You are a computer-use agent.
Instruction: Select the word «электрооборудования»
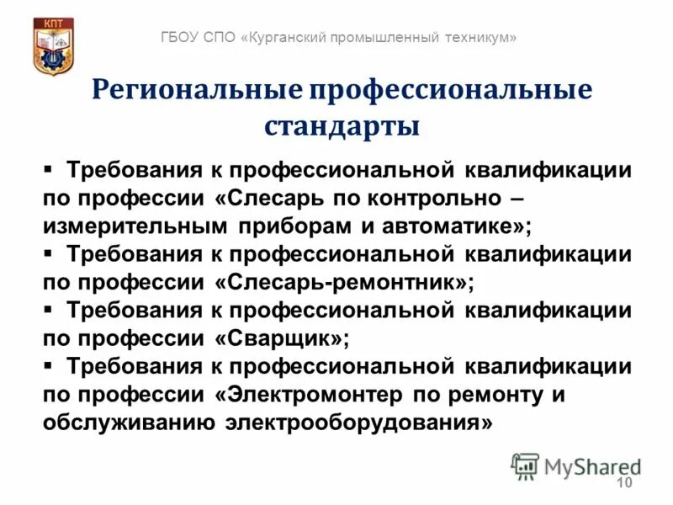tap(358, 422)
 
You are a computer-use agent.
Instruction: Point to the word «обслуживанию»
tap(128, 422)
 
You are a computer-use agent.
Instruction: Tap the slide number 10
tap(624, 481)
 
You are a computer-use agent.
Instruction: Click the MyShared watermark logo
tap(576, 465)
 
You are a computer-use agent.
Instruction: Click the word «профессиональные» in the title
tap(450, 91)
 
